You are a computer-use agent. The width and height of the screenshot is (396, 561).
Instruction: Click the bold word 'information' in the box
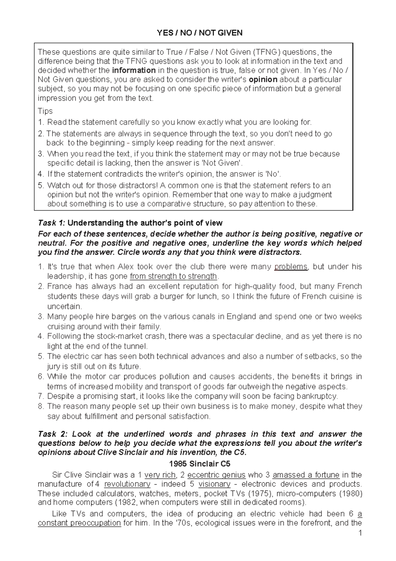(134, 70)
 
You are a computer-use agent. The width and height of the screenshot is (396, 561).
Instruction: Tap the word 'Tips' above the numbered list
(45, 111)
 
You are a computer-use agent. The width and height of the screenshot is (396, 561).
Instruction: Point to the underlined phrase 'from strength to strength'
(174, 276)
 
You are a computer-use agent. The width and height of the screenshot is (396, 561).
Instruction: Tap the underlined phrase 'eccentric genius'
(216, 475)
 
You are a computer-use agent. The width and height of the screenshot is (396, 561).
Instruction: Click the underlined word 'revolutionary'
(127, 484)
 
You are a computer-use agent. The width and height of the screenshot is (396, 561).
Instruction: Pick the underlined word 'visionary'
(214, 484)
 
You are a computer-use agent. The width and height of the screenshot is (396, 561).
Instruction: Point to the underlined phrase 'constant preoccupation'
(79, 523)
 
